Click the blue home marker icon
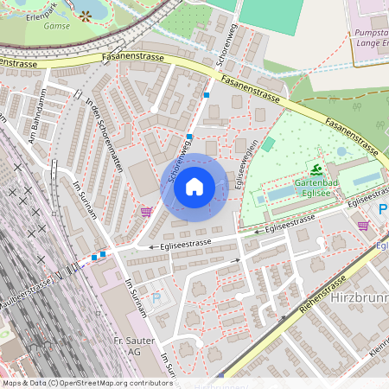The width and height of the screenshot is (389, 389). click(194, 187)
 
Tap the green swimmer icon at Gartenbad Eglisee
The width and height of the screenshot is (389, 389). click(317, 169)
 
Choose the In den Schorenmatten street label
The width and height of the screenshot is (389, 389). click(104, 137)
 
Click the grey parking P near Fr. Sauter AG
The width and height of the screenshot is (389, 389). click(156, 297)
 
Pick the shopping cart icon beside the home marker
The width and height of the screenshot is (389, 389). click(146, 211)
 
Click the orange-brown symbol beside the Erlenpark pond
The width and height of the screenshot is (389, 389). click(85, 16)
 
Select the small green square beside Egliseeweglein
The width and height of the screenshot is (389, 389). click(268, 143)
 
